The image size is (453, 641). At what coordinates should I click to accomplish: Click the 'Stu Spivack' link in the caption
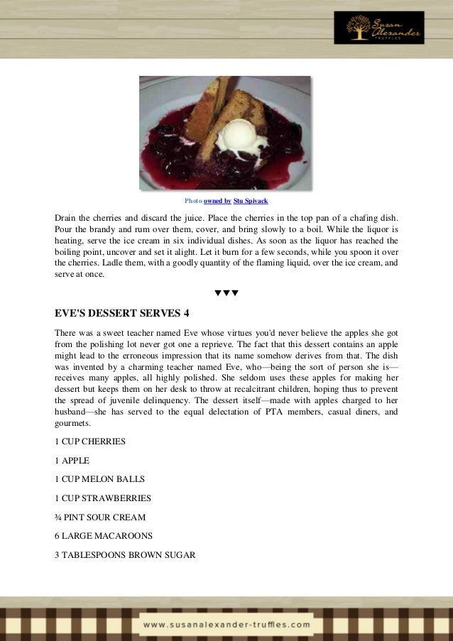point(251,202)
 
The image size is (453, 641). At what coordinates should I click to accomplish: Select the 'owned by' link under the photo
point(217,202)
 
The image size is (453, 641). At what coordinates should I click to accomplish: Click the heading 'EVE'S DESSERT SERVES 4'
point(121,312)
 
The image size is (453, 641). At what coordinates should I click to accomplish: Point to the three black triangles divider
point(226,292)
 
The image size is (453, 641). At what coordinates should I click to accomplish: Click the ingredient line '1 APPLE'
point(72,460)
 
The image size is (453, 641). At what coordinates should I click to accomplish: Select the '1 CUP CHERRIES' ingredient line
point(89,441)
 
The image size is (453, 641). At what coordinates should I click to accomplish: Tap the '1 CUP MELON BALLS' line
point(99,478)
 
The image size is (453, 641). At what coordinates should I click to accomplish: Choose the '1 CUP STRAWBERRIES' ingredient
point(102,498)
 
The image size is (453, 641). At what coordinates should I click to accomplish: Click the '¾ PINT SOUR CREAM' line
point(100,517)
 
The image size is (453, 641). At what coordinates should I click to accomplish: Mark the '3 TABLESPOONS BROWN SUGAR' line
point(124,554)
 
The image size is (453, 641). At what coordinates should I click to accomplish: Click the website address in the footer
point(226,625)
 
